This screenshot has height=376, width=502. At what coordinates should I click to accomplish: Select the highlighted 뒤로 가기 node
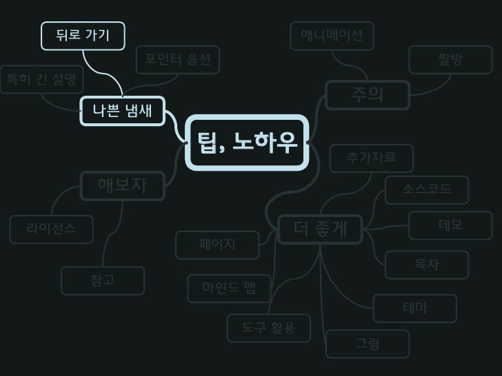click(83, 36)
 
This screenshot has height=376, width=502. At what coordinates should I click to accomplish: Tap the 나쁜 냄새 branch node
click(122, 110)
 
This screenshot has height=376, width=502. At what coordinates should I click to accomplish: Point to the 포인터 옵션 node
click(177, 61)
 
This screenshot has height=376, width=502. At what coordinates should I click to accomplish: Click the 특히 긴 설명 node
click(40, 81)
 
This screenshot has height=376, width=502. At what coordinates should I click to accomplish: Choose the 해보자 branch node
click(122, 185)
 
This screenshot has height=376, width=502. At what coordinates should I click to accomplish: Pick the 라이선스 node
click(51, 228)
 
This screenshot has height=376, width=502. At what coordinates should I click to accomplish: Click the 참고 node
click(102, 280)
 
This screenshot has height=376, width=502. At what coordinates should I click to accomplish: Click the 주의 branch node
click(367, 94)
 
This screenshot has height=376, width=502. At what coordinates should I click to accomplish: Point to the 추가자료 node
click(371, 158)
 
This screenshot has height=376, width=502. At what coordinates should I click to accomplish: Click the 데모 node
click(450, 225)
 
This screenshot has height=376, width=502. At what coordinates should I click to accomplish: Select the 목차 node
click(427, 264)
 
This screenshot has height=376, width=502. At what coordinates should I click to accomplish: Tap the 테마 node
click(415, 308)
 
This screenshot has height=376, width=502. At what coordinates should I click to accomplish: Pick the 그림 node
click(367, 344)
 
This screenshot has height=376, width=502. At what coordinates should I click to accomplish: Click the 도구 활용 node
click(268, 328)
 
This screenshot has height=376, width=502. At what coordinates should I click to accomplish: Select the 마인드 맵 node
click(229, 288)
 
